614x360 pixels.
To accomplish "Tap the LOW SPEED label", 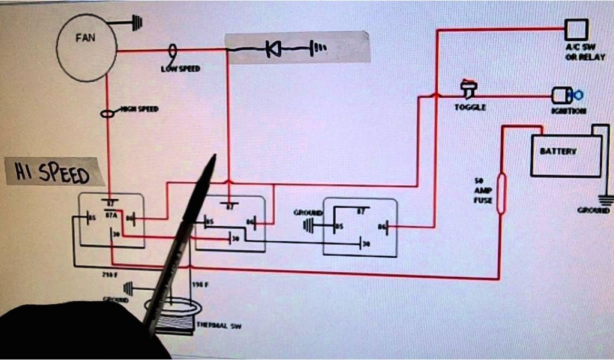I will (180, 69).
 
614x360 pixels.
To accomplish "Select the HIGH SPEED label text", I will (140, 109).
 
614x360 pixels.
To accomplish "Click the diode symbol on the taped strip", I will (273, 49).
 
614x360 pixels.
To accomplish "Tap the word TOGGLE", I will (470, 107).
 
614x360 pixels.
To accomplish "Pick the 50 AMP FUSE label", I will (483, 190).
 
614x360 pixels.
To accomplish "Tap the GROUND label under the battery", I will (593, 211).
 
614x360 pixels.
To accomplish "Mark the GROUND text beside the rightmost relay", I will (308, 213).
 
